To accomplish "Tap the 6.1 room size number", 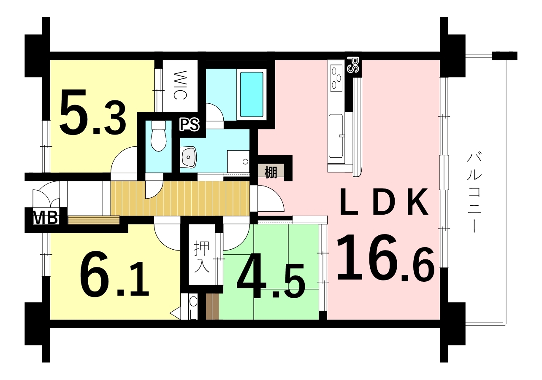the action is tap(114, 273).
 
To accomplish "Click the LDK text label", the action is tap(384, 202).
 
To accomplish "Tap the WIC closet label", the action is tap(180, 85).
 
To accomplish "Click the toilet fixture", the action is tap(158, 136).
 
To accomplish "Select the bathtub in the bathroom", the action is tap(252, 94).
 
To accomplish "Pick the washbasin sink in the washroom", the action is tap(189, 157).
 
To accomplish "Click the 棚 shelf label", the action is tap(271, 172).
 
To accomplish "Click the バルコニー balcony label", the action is tap(474, 192).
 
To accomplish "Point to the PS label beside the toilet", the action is tap(190, 125).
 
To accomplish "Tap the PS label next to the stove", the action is tap(353, 65).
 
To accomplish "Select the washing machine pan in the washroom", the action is tap(238, 162).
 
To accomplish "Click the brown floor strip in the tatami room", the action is tap(212, 307).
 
